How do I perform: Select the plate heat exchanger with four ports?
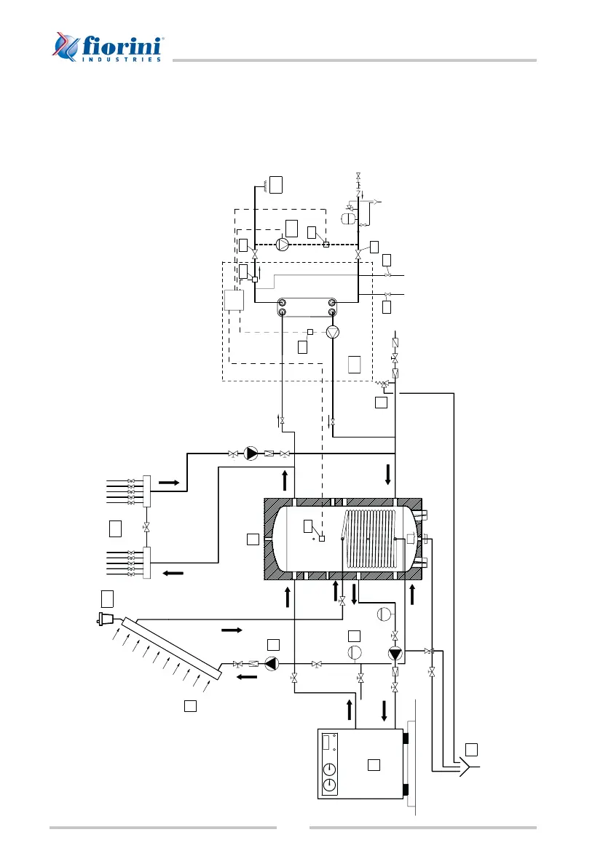click(x=306, y=306)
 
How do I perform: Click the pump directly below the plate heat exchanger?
click(x=333, y=333)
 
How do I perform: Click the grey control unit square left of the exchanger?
click(x=234, y=301)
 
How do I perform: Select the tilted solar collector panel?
click(x=172, y=646)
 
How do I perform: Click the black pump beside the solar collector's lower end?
click(x=271, y=663)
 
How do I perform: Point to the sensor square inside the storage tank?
click(x=321, y=538)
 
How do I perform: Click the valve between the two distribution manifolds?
click(x=146, y=526)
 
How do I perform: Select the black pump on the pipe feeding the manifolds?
click(x=251, y=454)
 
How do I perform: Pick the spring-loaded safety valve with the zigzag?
click(x=384, y=384)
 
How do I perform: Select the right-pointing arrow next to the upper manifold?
click(x=169, y=482)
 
